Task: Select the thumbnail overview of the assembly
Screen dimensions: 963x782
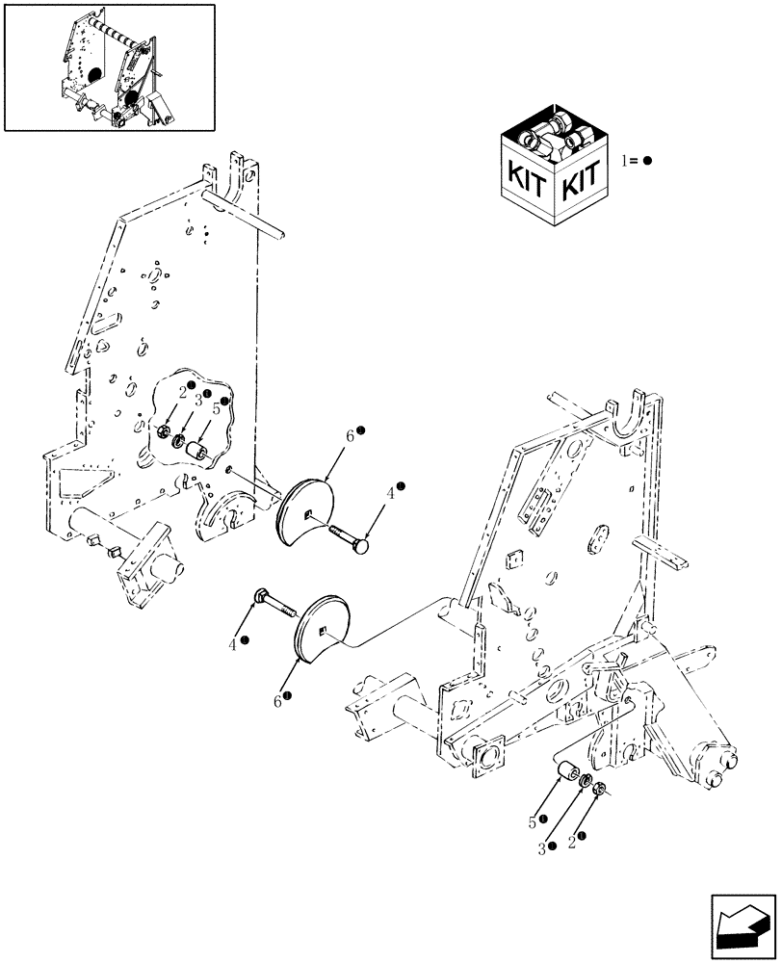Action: pyautogui.click(x=109, y=66)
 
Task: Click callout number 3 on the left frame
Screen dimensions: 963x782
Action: pyautogui.click(x=196, y=398)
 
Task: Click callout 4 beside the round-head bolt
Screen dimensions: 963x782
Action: pyautogui.click(x=390, y=493)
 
